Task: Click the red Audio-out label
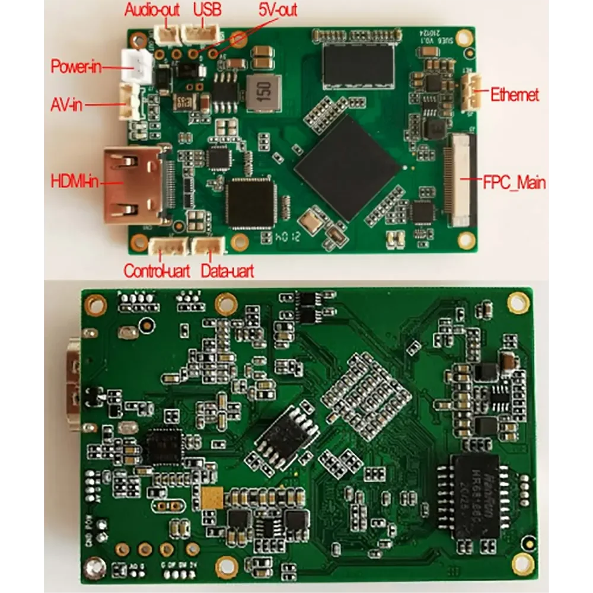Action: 151,9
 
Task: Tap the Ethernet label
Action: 515,94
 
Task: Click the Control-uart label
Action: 157,272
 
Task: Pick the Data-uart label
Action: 227,272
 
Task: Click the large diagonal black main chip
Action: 347,167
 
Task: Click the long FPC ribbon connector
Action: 460,180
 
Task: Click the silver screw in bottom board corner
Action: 92,569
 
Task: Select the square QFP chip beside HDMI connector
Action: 251,202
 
